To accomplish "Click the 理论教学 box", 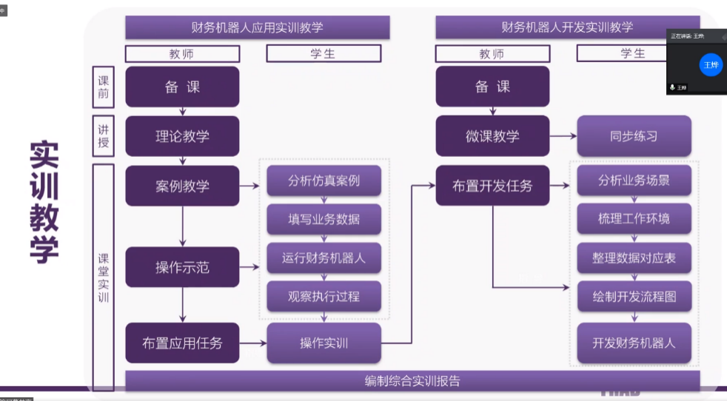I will click(182, 136).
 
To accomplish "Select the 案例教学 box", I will click(182, 186).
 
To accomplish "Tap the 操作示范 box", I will click(182, 267).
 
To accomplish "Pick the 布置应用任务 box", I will click(182, 343).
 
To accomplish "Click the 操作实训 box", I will click(324, 343).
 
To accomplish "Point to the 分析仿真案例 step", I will click(324, 181).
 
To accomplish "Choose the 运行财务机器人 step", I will click(324, 258).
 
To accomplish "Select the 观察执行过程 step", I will click(324, 297).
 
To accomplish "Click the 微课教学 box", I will click(492, 136).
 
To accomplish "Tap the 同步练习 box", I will click(634, 136).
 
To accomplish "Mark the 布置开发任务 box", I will click(492, 186).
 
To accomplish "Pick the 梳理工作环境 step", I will click(634, 219).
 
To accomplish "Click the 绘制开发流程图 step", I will click(634, 297).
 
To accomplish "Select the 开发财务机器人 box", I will click(634, 343).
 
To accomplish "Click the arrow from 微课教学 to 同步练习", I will click(563, 136).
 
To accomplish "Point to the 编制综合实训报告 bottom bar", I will click(412, 381).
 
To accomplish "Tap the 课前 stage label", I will click(103, 87).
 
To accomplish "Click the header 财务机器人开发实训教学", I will click(567, 27).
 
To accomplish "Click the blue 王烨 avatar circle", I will click(711, 64).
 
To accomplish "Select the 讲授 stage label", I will click(103, 135).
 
